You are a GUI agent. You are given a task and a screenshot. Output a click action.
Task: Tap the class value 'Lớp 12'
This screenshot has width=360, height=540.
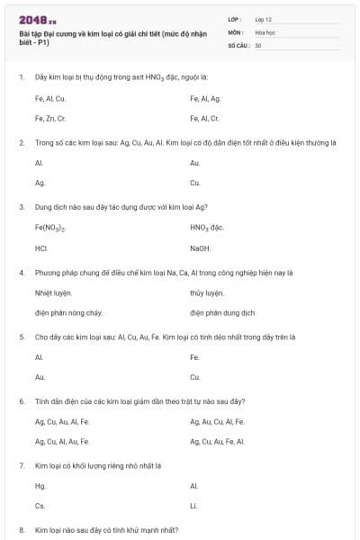[x=264, y=18]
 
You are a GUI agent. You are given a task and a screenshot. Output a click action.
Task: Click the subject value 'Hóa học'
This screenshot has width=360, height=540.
[x=265, y=31]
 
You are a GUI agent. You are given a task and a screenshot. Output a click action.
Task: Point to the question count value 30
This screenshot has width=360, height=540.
[x=258, y=44]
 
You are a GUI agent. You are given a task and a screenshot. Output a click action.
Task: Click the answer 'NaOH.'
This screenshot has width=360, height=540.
[x=200, y=247]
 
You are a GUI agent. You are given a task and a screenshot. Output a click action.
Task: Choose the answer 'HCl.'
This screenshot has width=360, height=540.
[x=41, y=247]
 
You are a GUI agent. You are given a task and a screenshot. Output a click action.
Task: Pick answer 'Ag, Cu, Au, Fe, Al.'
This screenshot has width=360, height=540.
[x=217, y=441]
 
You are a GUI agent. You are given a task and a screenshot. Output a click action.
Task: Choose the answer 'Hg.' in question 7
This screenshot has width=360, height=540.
[x=40, y=486]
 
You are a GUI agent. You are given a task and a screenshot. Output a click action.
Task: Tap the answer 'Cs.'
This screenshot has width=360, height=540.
[x=40, y=506]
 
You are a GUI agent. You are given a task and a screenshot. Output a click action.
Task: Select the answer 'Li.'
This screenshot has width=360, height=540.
[x=194, y=506]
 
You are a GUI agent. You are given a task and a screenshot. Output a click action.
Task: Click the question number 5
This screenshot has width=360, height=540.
[x=22, y=337]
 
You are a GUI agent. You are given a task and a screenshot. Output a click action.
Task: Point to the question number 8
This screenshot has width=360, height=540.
[x=22, y=530]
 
